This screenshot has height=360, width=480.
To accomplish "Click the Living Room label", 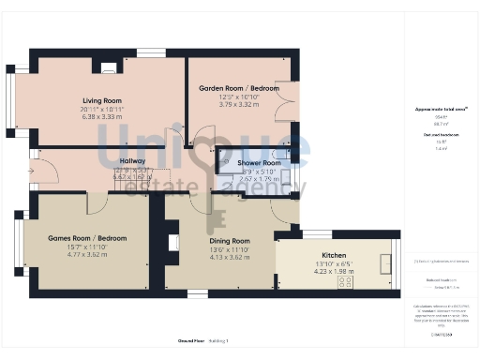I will pos(102,100).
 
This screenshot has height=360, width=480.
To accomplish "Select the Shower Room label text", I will pos(258,162).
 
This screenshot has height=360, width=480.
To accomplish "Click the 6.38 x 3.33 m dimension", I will pos(102,117).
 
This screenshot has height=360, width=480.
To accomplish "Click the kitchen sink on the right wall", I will pos(383,263).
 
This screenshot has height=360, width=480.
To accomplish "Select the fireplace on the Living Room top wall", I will pos(109,67).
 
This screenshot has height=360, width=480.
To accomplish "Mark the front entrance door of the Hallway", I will pos(34,171).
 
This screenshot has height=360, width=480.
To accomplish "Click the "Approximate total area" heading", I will pos(442,110).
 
